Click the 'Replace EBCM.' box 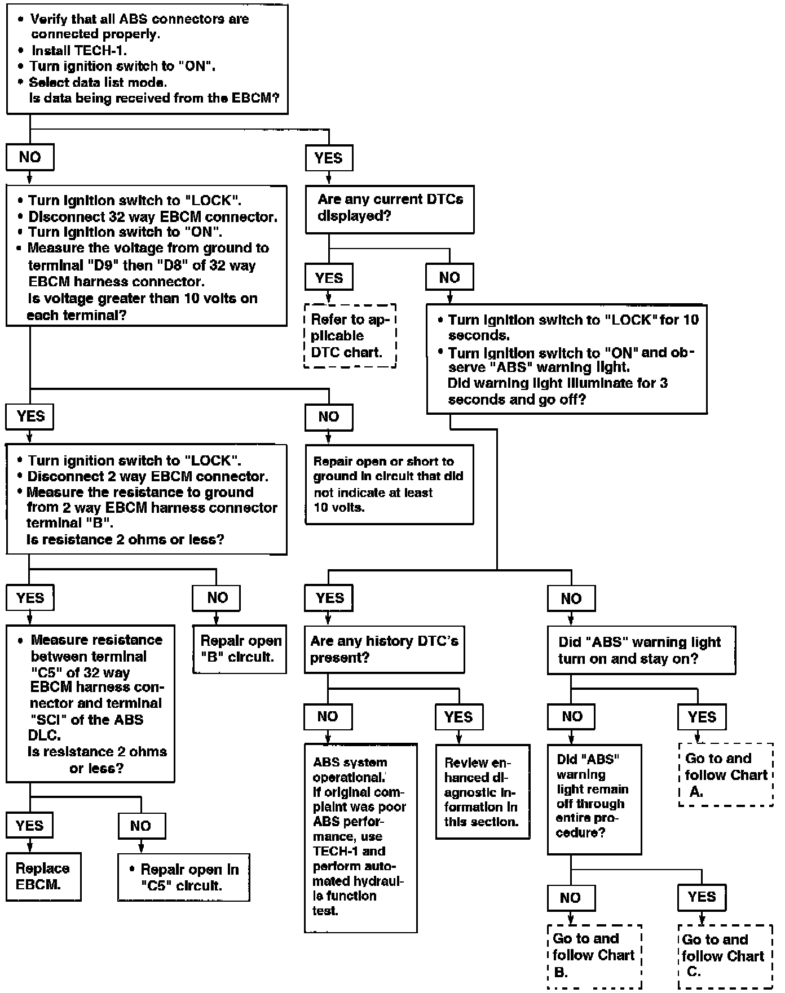click(x=43, y=876)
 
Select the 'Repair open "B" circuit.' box click(x=240, y=649)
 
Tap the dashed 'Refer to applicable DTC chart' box click(x=350, y=336)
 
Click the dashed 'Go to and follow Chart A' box click(x=726, y=774)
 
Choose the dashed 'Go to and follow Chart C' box click(x=725, y=956)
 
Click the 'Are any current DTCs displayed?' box click(x=389, y=209)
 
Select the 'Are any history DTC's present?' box click(x=384, y=649)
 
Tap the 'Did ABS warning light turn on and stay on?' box click(x=641, y=650)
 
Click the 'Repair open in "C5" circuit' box click(x=183, y=877)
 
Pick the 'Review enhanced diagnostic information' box click(x=482, y=791)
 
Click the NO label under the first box click(x=30, y=157)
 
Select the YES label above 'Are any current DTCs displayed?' click(x=329, y=158)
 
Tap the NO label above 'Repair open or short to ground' click(x=329, y=417)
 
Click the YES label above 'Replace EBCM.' click(x=30, y=826)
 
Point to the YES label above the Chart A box click(x=702, y=717)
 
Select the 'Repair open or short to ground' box click(x=389, y=484)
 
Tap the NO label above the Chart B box click(x=571, y=898)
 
